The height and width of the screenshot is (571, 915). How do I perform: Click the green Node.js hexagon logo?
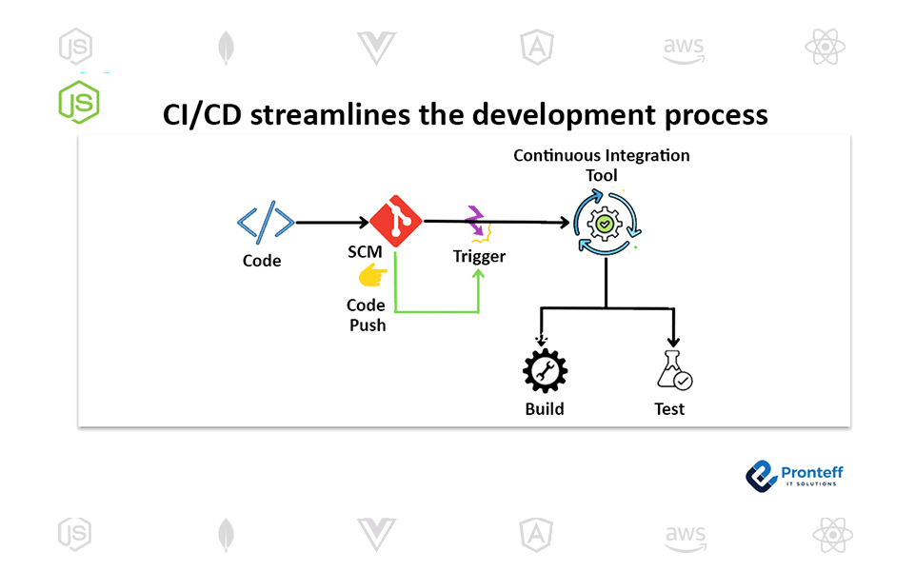pyautogui.click(x=79, y=102)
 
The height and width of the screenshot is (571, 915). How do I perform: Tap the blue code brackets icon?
pyautogui.click(x=266, y=223)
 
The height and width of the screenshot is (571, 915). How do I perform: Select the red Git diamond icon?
pyautogui.click(x=396, y=221)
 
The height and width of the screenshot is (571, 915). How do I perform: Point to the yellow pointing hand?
pyautogui.click(x=372, y=275)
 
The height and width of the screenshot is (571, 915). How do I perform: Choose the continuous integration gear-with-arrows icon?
pyautogui.click(x=606, y=223)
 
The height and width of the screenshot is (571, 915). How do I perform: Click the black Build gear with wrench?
pyautogui.click(x=545, y=371)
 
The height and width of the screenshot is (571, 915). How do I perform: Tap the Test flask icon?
pyautogui.click(x=674, y=370)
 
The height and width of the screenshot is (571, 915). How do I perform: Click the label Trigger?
pyautogui.click(x=479, y=256)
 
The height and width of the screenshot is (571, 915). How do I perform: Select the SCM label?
pyautogui.click(x=365, y=252)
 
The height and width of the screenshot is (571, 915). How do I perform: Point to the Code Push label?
pyautogui.click(x=367, y=315)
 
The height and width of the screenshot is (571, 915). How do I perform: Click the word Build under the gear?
pyautogui.click(x=545, y=409)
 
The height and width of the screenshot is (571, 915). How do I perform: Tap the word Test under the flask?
pyautogui.click(x=669, y=409)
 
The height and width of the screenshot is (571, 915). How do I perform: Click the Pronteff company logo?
pyautogui.click(x=794, y=476)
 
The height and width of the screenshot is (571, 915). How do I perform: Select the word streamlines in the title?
pyautogui.click(x=330, y=114)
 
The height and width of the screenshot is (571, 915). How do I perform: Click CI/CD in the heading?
pyautogui.click(x=202, y=115)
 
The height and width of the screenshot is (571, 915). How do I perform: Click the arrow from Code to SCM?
pyautogui.click(x=332, y=223)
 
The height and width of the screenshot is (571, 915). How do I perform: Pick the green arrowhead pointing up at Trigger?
pyautogui.click(x=479, y=273)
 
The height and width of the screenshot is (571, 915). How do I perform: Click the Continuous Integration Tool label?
pyautogui.click(x=602, y=165)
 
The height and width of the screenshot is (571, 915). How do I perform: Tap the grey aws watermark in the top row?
pyautogui.click(x=684, y=49)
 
